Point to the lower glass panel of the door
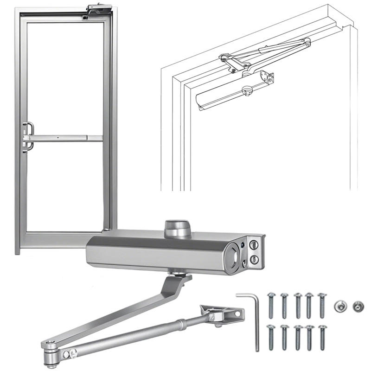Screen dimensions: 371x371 (x=65, y=185)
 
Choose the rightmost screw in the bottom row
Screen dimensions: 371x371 (x=321, y=337)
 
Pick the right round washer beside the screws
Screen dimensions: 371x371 (x=358, y=306)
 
